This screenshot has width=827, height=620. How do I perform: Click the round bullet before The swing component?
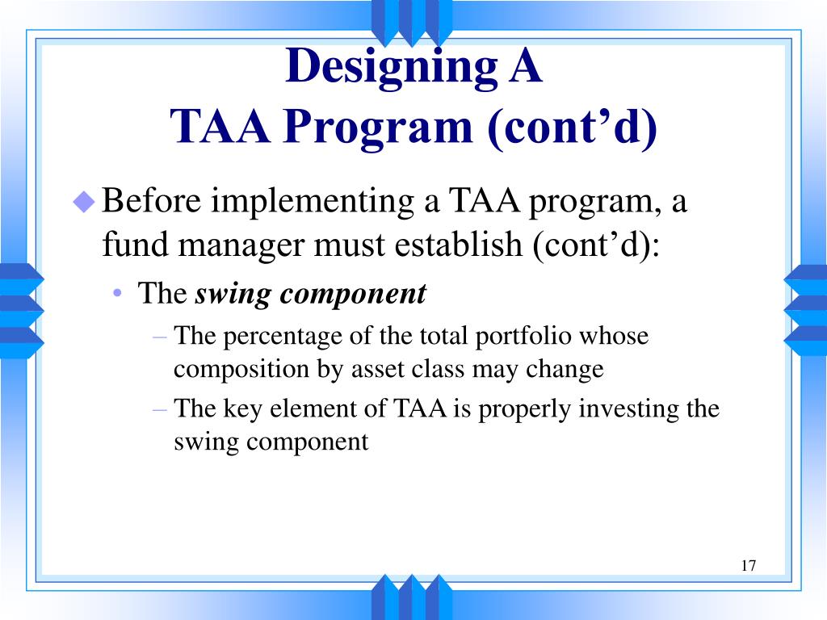tap(118, 294)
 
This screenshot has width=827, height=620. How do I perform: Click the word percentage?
tap(275, 336)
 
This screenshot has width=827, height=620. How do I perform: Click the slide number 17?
tap(748, 565)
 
